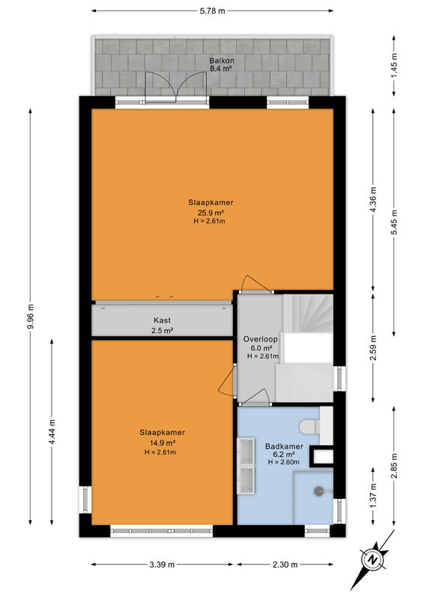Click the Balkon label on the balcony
222,61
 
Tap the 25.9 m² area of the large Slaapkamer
211,213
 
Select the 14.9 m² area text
162,443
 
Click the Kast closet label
162,320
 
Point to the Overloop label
261,339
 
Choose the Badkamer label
284,446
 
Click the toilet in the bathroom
309,427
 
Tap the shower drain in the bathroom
318,491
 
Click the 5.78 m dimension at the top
212,11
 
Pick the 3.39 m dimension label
162,565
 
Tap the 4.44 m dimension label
52,432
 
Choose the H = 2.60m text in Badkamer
283,462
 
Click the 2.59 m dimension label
374,347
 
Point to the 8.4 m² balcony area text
222,69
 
